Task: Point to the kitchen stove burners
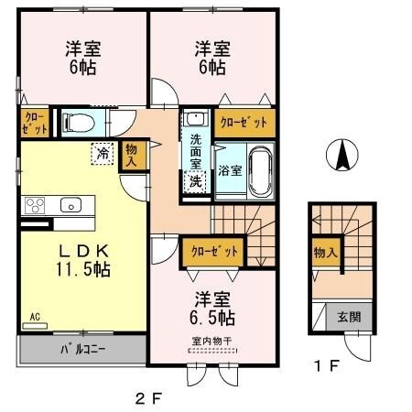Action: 35,204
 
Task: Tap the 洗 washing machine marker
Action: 195,180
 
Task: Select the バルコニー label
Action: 82,350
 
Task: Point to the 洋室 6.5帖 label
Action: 212,309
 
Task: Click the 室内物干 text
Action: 211,342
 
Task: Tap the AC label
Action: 35,317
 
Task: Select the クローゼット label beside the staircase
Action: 214,249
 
